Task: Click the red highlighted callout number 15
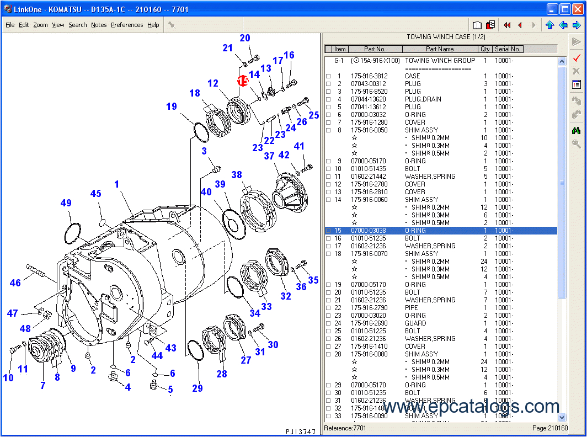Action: coord(243,81)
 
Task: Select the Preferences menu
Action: coord(127,25)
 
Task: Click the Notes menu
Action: coord(99,25)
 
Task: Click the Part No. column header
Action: coord(375,49)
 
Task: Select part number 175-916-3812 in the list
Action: coord(369,76)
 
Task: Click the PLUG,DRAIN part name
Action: coord(423,99)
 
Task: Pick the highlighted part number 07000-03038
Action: coord(369,231)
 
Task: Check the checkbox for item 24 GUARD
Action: coord(328,323)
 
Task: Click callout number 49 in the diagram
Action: coord(66,203)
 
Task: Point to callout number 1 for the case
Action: coord(116,184)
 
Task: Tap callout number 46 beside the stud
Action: coord(15,283)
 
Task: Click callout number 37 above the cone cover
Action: coord(269,156)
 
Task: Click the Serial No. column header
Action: coord(507,49)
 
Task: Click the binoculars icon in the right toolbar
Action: coord(576,130)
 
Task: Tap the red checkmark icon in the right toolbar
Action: coord(576,57)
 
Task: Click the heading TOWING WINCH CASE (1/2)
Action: coord(446,37)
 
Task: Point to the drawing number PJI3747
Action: coord(301,431)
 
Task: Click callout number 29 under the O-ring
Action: coord(198,388)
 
